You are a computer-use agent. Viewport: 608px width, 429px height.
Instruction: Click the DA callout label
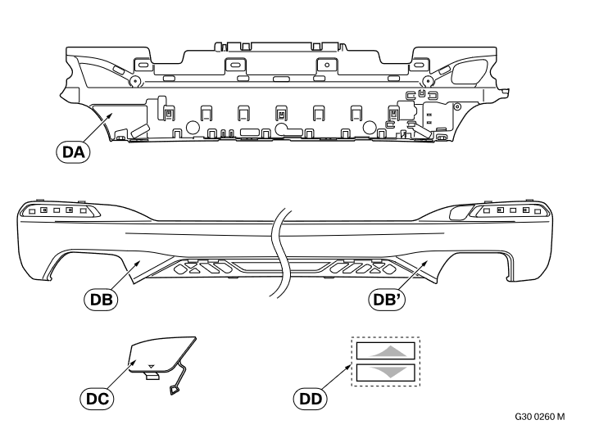[x=73, y=152]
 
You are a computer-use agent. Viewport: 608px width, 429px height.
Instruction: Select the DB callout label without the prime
[x=102, y=300]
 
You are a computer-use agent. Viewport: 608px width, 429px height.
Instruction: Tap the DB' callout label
[x=387, y=300]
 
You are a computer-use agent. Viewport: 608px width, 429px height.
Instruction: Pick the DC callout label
[x=97, y=399]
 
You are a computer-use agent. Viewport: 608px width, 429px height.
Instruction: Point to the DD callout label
[x=311, y=399]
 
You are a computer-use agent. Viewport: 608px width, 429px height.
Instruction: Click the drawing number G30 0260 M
[x=540, y=417]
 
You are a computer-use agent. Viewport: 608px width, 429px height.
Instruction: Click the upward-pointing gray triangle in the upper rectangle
[x=388, y=352]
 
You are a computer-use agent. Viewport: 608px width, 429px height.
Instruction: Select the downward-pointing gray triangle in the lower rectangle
[x=388, y=372]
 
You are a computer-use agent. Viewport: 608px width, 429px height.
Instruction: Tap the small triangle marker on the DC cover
[x=152, y=366]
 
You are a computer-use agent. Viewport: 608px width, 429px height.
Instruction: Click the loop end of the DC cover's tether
[x=175, y=390]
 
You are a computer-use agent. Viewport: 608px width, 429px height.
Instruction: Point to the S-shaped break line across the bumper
[x=280, y=254]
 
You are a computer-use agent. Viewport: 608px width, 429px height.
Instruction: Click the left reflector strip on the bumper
[x=58, y=210]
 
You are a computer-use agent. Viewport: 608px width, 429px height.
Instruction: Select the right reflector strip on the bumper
[x=509, y=210]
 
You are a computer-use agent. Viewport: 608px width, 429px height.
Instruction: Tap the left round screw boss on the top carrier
[x=134, y=81]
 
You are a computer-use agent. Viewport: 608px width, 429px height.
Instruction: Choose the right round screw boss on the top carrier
[x=427, y=81]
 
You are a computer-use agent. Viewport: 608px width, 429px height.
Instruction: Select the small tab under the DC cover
[x=152, y=376]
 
